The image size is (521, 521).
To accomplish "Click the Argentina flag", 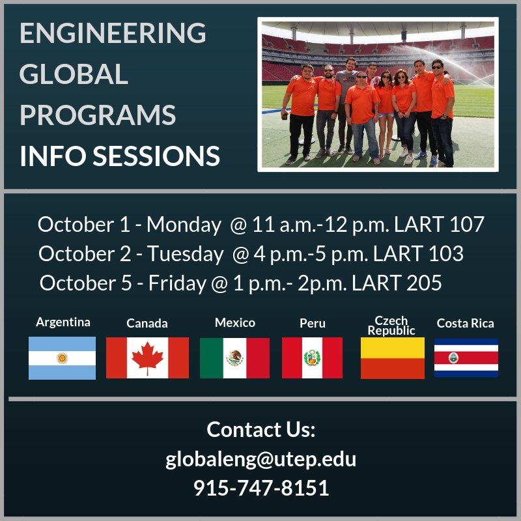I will point(62,358).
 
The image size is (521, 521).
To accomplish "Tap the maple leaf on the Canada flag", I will point(147,358).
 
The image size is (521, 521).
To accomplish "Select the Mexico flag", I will point(234,358).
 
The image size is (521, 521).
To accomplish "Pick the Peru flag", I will point(312,358).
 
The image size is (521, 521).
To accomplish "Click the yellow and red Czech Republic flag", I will point(392,358).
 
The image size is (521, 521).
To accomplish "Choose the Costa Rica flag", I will point(466,358).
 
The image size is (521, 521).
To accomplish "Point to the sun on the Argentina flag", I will point(63,358).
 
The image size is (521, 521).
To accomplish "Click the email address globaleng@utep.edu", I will point(260,458).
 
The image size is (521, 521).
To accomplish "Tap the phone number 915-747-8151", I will point(260,487).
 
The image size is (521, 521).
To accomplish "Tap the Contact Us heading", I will point(260,430).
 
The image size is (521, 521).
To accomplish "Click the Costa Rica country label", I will point(465,323).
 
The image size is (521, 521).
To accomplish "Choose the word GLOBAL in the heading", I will point(74,74).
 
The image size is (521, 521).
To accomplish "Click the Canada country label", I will point(147,323).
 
